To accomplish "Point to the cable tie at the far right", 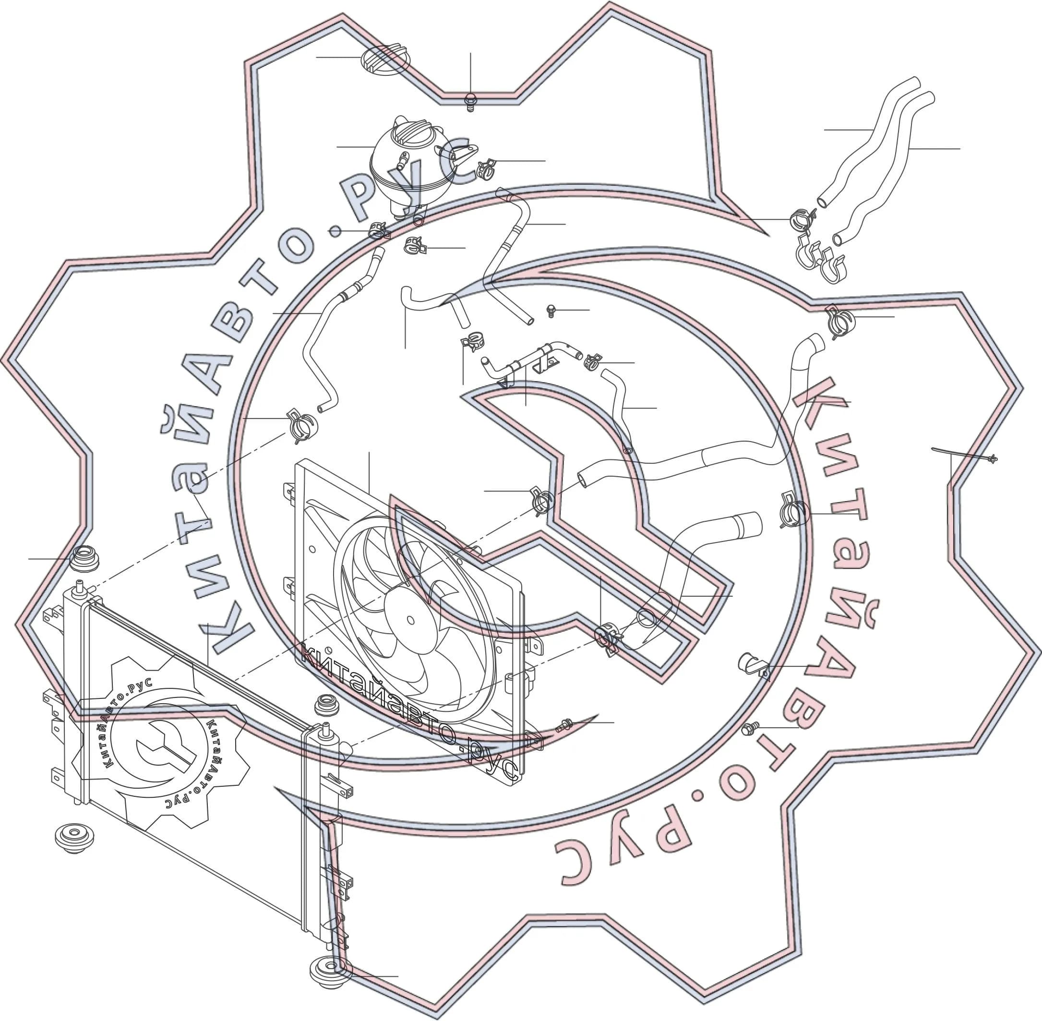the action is coord(965,454).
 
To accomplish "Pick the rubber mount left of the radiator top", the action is coord(85,559).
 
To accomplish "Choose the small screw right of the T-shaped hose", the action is coord(551,311).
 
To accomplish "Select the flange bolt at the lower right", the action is coord(750,728).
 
